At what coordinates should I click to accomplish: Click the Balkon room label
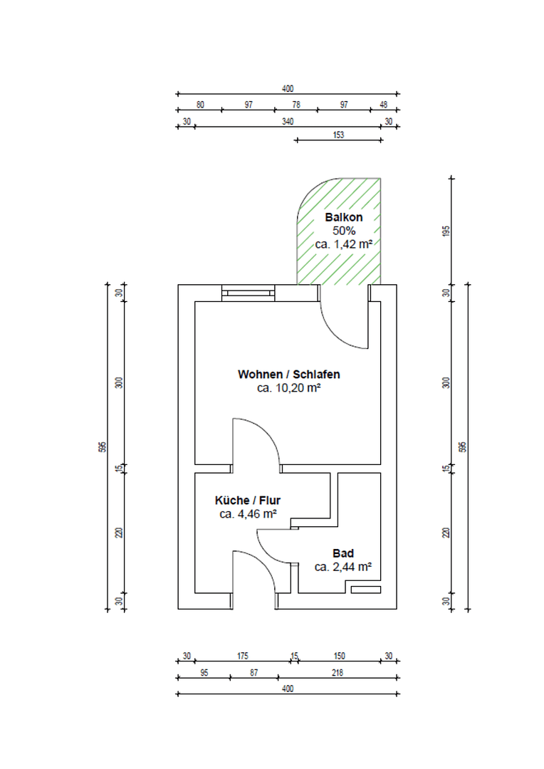pyautogui.click(x=345, y=217)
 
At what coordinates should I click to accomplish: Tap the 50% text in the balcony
pyautogui.click(x=345, y=231)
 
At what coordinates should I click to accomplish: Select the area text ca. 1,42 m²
pyautogui.click(x=345, y=244)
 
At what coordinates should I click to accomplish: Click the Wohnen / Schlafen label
pyautogui.click(x=289, y=375)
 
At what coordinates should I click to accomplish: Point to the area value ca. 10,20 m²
pyautogui.click(x=289, y=389)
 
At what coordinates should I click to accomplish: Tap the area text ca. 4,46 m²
pyautogui.click(x=248, y=513)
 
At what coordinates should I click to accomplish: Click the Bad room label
pyautogui.click(x=343, y=553)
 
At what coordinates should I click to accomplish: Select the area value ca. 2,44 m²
pyautogui.click(x=343, y=567)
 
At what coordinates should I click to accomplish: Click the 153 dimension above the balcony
pyautogui.click(x=338, y=135)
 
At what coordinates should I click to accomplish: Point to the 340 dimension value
pyautogui.click(x=288, y=122)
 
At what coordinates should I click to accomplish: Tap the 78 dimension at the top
pyautogui.click(x=296, y=105)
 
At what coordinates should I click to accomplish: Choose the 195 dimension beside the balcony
pyautogui.click(x=447, y=231)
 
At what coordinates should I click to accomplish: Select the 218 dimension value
pyautogui.click(x=337, y=672)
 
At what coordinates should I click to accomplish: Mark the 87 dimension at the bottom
pyautogui.click(x=254, y=672)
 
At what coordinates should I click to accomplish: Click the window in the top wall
pyautogui.click(x=247, y=291)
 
